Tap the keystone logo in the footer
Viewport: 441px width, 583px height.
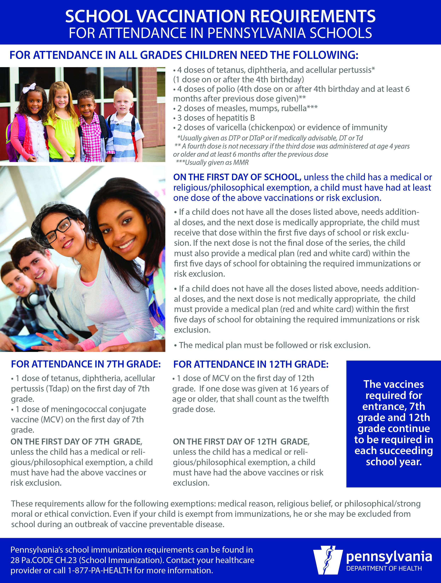pos(328,560)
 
